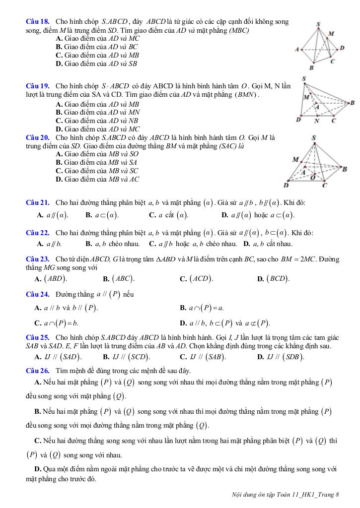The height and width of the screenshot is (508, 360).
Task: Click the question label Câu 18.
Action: pos(37,22)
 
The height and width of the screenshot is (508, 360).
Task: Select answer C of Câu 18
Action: pos(97,56)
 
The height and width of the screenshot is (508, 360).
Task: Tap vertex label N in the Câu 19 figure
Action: pos(317,121)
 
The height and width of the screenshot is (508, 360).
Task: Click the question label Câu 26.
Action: pos(37,371)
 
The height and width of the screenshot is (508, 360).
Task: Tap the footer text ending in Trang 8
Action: pos(285,494)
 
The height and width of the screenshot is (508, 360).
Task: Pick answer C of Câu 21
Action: pos(169,215)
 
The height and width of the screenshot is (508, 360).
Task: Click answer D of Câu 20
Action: pos(97,179)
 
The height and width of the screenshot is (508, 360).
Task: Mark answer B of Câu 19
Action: pos(97,113)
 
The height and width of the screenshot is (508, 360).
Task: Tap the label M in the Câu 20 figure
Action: pos(295,160)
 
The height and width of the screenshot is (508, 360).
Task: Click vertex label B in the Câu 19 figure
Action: pos(352,103)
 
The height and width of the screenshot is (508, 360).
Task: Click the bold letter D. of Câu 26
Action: pos(38,469)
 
